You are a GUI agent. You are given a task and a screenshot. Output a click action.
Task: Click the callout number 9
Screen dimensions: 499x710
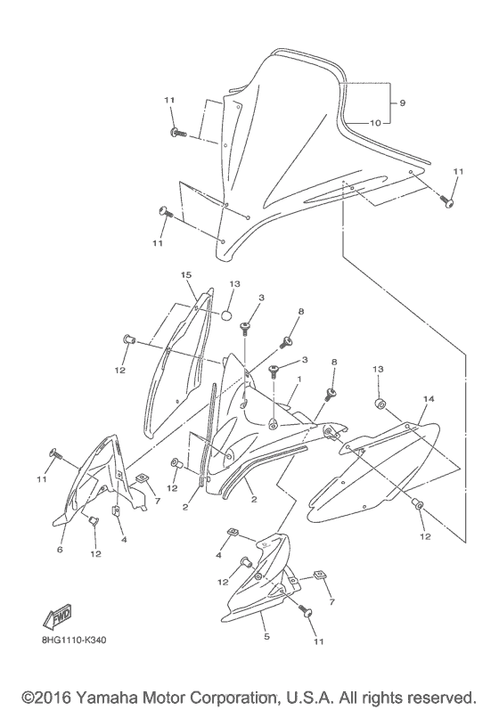coord(402,103)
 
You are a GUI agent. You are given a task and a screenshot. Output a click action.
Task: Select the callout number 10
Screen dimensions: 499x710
coord(375,123)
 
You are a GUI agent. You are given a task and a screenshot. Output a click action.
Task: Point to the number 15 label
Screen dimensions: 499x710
coord(186,275)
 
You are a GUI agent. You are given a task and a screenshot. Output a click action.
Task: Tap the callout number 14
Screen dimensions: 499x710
coord(429,399)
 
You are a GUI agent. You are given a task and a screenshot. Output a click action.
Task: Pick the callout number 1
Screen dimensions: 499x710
coord(299,378)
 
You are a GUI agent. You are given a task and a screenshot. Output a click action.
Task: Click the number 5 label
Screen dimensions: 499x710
coord(266,637)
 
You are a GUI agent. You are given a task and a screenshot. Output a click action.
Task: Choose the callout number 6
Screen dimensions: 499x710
coord(60,550)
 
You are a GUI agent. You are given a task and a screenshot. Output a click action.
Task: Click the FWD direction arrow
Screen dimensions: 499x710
coord(58,617)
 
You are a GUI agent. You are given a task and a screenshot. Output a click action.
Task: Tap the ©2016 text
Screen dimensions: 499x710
coord(46,698)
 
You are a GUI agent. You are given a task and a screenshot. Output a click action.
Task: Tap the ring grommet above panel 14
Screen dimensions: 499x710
coord(380,404)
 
